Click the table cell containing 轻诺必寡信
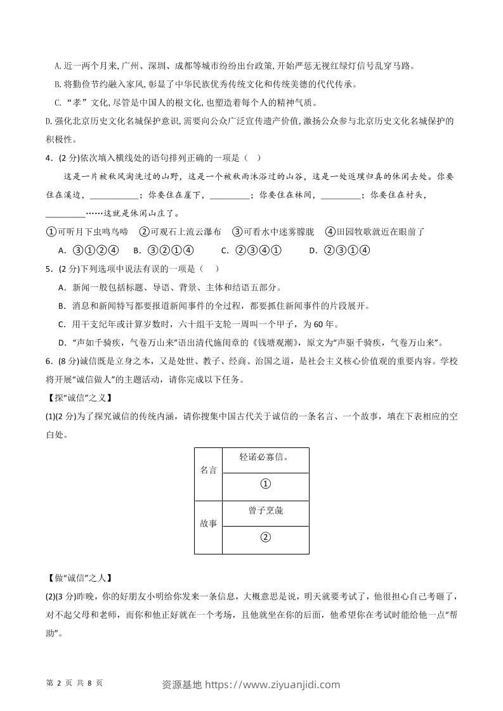265,457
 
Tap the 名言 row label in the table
209,470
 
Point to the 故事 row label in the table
209,524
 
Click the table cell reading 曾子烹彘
265,511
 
